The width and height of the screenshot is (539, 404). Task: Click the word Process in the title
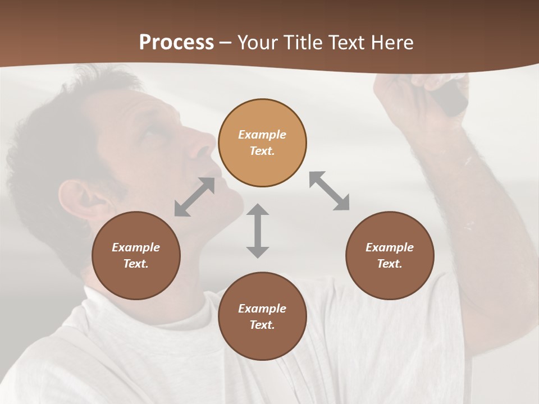176,43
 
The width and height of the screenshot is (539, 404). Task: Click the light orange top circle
262,143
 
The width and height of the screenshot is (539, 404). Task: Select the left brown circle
136,255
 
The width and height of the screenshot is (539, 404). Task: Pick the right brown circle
390,255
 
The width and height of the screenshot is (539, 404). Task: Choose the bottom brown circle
262,316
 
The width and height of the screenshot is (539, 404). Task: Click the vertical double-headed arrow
258,231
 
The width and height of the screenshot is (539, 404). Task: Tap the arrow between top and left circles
194,197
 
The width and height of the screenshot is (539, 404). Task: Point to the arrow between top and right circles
330,191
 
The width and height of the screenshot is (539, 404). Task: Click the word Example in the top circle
262,135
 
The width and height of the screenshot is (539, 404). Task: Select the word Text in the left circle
136,264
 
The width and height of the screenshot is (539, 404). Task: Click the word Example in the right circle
390,247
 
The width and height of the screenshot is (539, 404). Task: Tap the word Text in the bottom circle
262,325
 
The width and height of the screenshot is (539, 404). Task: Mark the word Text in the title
345,43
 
